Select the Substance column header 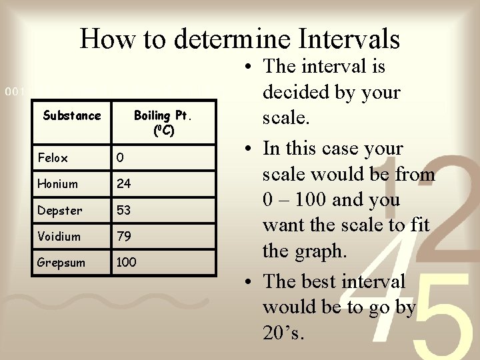pos(72,115)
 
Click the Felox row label pos(53,158)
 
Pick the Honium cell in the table pos(57,184)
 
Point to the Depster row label pos(60,210)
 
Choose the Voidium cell pos(59,236)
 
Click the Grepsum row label pos(61,263)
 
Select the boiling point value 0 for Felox pos(120,158)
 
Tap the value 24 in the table pos(124,184)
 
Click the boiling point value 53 pos(124,210)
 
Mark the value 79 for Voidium pos(124,236)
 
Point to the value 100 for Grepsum pos(126,263)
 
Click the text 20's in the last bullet pos(284,333)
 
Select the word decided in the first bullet pos(297,93)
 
